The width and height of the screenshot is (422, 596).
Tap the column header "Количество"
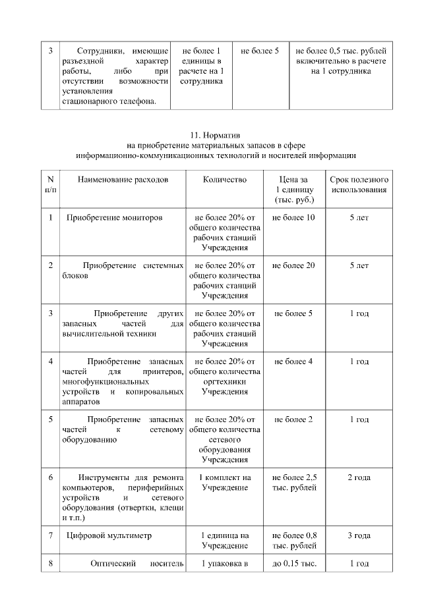click(x=224, y=179)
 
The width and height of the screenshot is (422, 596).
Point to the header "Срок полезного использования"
click(x=359, y=184)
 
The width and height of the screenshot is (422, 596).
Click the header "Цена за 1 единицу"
click(x=293, y=189)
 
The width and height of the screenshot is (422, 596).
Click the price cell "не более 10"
click(x=293, y=217)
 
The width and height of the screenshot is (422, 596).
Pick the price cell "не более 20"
click(x=293, y=265)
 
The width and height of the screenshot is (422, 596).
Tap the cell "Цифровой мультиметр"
click(x=109, y=535)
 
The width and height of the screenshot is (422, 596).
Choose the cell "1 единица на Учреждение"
click(x=224, y=540)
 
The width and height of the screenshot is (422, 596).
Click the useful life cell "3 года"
click(x=359, y=535)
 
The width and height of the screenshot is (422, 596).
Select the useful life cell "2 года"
click(x=359, y=477)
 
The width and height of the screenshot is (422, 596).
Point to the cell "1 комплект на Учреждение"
click(x=224, y=482)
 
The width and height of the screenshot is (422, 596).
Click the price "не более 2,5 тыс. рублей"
click(x=293, y=482)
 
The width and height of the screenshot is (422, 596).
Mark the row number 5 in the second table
click(x=51, y=420)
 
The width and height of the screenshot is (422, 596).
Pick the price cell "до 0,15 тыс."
click(x=293, y=563)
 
